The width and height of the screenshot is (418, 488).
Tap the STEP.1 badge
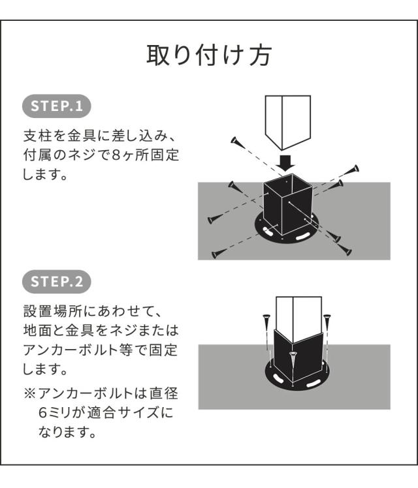[x=57, y=106]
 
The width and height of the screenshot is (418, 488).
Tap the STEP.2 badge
[x=57, y=282]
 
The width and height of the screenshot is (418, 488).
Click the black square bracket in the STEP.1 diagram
[x=287, y=206]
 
